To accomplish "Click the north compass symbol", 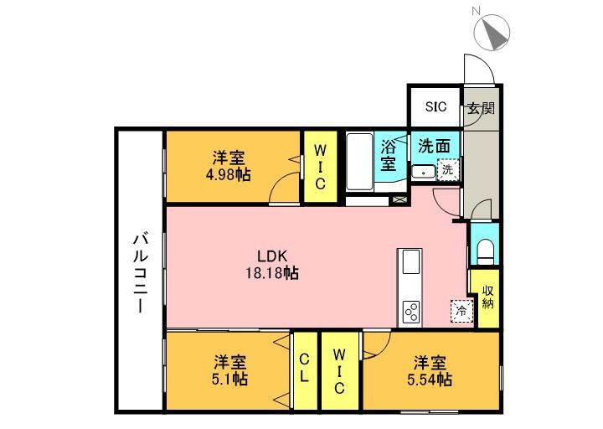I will [492, 31].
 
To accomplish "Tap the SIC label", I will [435, 106].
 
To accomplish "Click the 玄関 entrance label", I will [481, 108].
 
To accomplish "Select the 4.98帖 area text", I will [229, 175].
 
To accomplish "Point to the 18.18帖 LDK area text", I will [272, 272].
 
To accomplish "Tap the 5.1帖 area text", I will [229, 379].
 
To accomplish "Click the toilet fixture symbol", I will [485, 249].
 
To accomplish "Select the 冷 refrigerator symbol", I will [461, 312].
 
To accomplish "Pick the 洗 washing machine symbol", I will [448, 169].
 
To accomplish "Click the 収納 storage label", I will [487, 297].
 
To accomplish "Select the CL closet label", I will [304, 369].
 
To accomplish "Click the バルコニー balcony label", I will [138, 272].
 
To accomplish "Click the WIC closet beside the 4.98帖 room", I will [320, 165].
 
